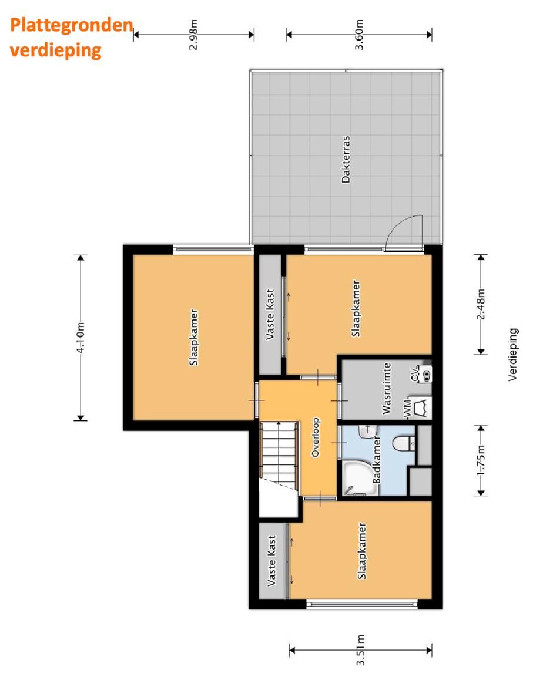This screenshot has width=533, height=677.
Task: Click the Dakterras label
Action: (346, 160)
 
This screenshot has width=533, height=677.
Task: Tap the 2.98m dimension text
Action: (193, 35)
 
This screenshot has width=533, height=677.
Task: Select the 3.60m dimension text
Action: (360, 35)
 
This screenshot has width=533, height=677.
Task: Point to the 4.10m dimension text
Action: (81, 337)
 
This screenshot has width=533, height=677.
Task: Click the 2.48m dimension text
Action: (481, 304)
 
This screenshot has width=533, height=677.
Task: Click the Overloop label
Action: (315, 437)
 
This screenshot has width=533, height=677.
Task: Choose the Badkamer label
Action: (377, 462)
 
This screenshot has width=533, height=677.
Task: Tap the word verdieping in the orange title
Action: (55, 50)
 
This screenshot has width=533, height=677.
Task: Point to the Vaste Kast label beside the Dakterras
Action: (271, 314)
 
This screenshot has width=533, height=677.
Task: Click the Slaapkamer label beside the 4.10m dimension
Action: (193, 337)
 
